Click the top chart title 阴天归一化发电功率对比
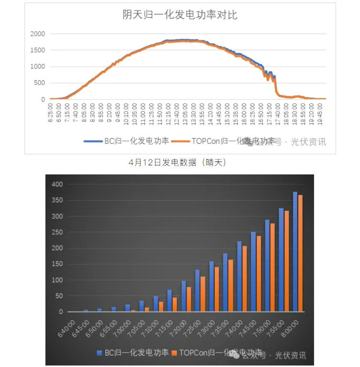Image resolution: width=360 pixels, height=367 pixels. [x=180, y=15]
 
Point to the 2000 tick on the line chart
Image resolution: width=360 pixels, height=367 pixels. [x=37, y=34]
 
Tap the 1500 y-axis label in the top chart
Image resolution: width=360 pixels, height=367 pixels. [x=37, y=50]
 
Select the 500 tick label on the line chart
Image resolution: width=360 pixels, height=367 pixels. [x=39, y=83]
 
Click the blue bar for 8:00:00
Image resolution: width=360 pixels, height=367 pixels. [x=295, y=252]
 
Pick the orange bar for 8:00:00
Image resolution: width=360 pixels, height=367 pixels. [x=300, y=253]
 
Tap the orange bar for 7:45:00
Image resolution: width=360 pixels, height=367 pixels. [x=259, y=274]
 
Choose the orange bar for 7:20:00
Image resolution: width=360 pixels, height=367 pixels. [x=189, y=299]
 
